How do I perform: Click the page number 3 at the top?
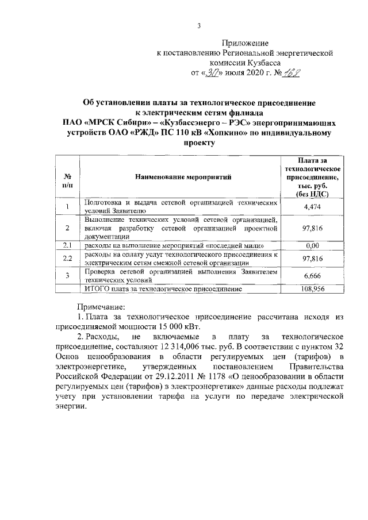(x=198, y=26)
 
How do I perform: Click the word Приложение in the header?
(x=246, y=43)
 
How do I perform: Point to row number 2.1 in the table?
(x=67, y=246)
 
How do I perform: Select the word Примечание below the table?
(x=102, y=306)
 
